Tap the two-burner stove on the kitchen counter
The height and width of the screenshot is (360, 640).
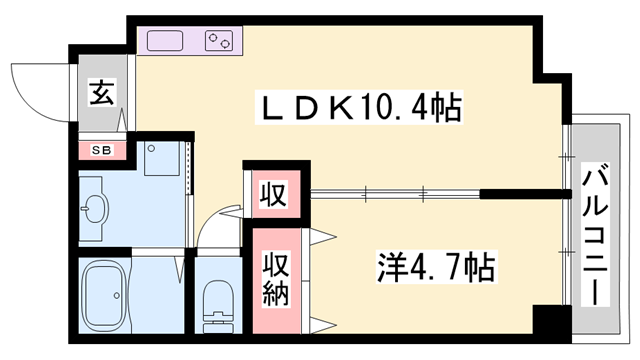click(x=219, y=41)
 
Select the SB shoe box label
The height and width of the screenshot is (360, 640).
click(x=102, y=151)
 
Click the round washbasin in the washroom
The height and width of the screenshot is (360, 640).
click(x=96, y=209)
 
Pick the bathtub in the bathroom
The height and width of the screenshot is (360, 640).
click(x=104, y=298)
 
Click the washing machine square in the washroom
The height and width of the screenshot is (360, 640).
click(x=161, y=158)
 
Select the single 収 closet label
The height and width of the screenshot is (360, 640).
click(x=270, y=190)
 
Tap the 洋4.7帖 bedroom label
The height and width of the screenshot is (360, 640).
click(x=435, y=267)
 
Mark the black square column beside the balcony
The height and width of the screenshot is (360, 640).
click(x=548, y=322)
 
